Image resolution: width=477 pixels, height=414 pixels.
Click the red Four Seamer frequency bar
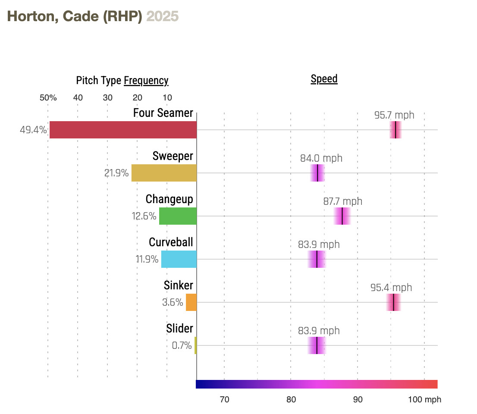(x=123, y=130)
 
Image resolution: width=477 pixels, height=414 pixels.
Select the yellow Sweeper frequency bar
(x=164, y=173)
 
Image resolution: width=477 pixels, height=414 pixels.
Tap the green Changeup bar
(x=178, y=216)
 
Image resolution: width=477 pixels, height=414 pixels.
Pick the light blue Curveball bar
(x=179, y=259)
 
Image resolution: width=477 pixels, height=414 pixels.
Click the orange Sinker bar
(x=191, y=302)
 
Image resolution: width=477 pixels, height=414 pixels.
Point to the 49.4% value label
(x=33, y=130)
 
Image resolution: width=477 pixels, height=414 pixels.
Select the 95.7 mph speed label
(x=394, y=115)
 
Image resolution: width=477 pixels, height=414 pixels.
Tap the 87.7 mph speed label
(x=343, y=201)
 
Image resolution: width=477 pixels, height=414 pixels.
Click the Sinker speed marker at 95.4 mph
(x=393, y=302)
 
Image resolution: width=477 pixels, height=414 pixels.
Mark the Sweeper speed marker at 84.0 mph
(x=317, y=173)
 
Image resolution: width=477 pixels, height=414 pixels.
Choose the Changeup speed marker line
(x=342, y=216)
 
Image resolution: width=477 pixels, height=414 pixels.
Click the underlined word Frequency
(x=146, y=81)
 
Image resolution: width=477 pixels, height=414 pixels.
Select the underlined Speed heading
(x=324, y=79)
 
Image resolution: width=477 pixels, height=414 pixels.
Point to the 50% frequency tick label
(x=48, y=97)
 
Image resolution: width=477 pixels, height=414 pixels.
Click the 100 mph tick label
(x=425, y=399)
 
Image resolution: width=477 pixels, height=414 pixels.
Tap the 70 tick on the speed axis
(x=224, y=399)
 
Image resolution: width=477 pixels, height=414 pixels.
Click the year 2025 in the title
(x=163, y=16)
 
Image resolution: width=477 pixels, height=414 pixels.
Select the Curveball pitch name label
(x=171, y=242)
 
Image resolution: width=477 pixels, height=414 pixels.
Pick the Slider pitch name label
(x=179, y=329)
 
